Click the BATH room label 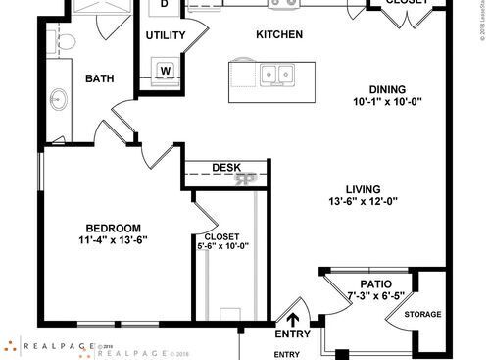100,79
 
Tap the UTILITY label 166,35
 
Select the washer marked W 166,70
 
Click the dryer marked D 165,4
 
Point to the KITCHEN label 278,35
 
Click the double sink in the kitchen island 278,73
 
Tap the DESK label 227,168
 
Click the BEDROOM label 113,227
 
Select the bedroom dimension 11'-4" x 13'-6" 113,239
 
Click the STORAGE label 422,314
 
